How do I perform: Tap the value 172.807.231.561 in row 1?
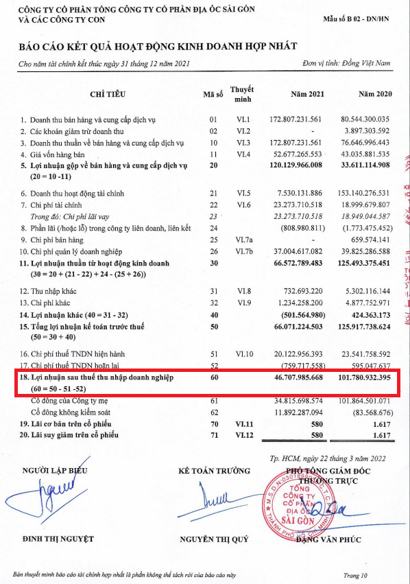click(x=298, y=119)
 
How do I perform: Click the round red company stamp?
click(x=296, y=503)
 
